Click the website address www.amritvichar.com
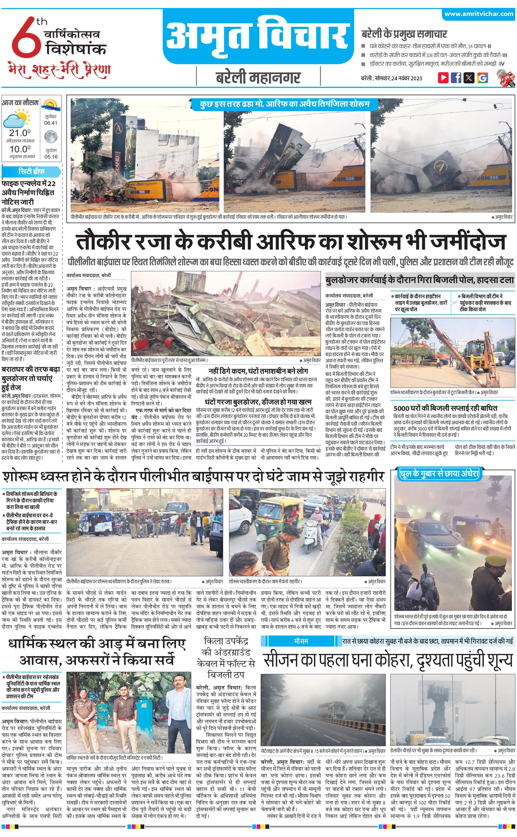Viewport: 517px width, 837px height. pyautogui.click(x=479, y=14)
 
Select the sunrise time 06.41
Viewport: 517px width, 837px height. pyautogui.click(x=51, y=123)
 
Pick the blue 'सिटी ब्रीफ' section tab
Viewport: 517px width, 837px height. pyautogui.click(x=31, y=171)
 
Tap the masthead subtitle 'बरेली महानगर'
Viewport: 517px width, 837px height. pyautogui.click(x=258, y=78)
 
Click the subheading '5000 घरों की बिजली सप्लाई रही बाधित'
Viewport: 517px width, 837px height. pyautogui.click(x=445, y=408)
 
